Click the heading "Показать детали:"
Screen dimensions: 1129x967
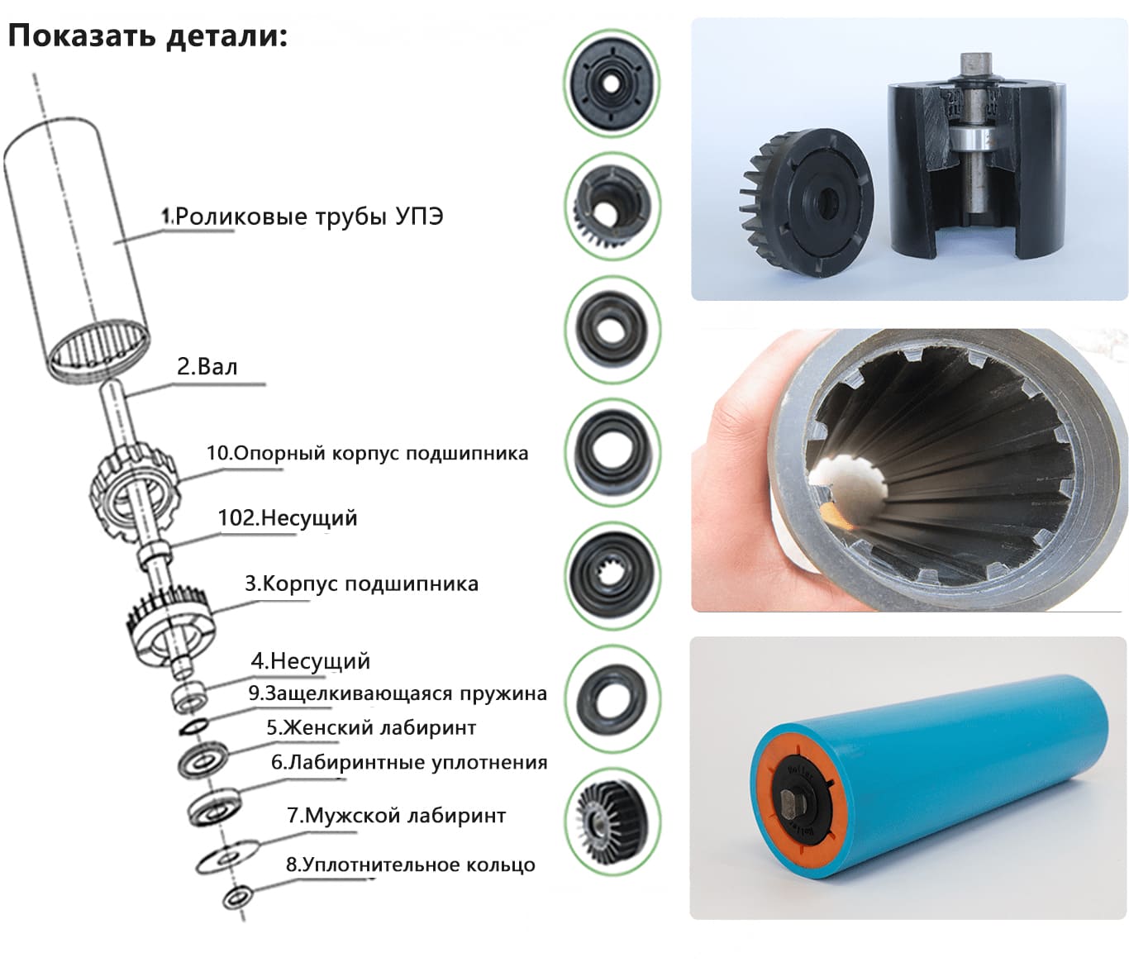pos(147,37)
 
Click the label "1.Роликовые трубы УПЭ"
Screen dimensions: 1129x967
pos(302,217)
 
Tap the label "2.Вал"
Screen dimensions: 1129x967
pos(207,367)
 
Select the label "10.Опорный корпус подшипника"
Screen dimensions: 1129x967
pos(367,454)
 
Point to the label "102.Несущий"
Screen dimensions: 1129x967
pos(288,518)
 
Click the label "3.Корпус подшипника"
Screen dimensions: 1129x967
pos(361,584)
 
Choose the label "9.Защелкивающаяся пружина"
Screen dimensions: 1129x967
pos(398,693)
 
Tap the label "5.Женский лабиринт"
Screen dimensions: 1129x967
pos(371,727)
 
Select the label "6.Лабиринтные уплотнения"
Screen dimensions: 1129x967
pos(409,762)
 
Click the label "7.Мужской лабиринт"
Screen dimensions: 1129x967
pos(397,816)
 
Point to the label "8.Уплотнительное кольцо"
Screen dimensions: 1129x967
pos(411,865)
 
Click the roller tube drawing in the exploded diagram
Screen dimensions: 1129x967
pos(77,249)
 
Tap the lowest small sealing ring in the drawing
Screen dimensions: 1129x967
pos(239,897)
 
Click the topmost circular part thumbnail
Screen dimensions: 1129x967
pos(612,83)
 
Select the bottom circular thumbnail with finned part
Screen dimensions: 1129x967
pos(612,822)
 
